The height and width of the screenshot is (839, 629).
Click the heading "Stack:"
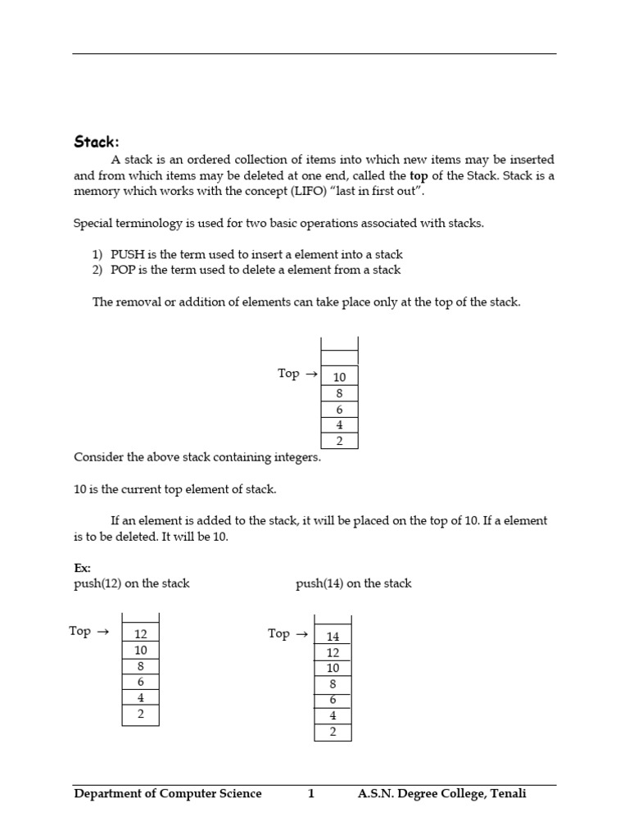(97, 142)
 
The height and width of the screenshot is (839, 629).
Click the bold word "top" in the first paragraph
(419, 175)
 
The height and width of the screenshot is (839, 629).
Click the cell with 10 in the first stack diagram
(339, 377)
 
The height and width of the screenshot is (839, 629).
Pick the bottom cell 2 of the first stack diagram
(339, 441)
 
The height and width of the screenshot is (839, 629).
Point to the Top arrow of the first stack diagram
(310, 374)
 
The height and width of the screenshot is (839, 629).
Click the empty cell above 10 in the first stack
(339, 357)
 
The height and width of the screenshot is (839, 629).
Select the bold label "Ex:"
(82, 568)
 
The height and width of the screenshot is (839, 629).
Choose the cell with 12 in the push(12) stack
(141, 634)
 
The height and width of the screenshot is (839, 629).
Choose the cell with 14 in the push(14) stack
(333, 637)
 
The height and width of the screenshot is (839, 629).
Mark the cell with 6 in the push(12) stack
(141, 682)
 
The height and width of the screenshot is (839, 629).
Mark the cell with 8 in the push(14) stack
(333, 684)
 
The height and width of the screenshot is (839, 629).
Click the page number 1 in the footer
(310, 793)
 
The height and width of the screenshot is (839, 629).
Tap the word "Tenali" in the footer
(507, 793)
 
